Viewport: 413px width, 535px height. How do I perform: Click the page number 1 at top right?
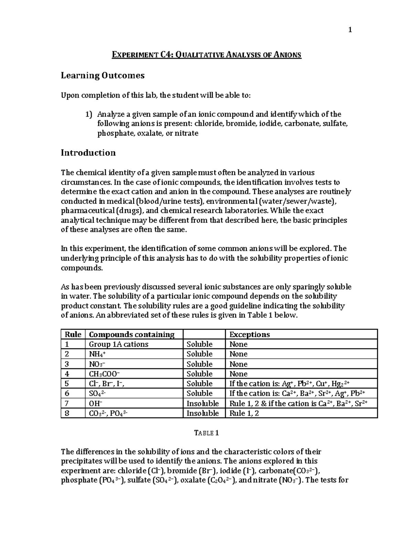click(350, 30)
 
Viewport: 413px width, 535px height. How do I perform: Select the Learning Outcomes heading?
click(103, 75)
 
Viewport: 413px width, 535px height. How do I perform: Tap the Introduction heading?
click(88, 153)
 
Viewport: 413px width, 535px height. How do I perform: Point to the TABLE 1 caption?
click(206, 433)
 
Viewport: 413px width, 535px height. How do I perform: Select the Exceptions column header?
click(250, 335)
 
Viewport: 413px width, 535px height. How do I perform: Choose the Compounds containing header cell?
click(131, 335)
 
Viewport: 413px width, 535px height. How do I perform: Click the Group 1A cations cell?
click(118, 344)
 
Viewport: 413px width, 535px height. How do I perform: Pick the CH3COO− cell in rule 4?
click(105, 374)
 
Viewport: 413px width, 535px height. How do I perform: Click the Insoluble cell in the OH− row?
click(202, 403)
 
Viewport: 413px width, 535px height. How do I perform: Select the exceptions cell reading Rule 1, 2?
click(244, 413)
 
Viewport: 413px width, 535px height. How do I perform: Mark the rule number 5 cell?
click(67, 384)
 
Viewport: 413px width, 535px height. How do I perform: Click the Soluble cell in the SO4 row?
click(199, 393)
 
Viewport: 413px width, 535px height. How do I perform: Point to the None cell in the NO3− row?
click(239, 364)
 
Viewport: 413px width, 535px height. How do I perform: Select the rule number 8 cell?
click(67, 413)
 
